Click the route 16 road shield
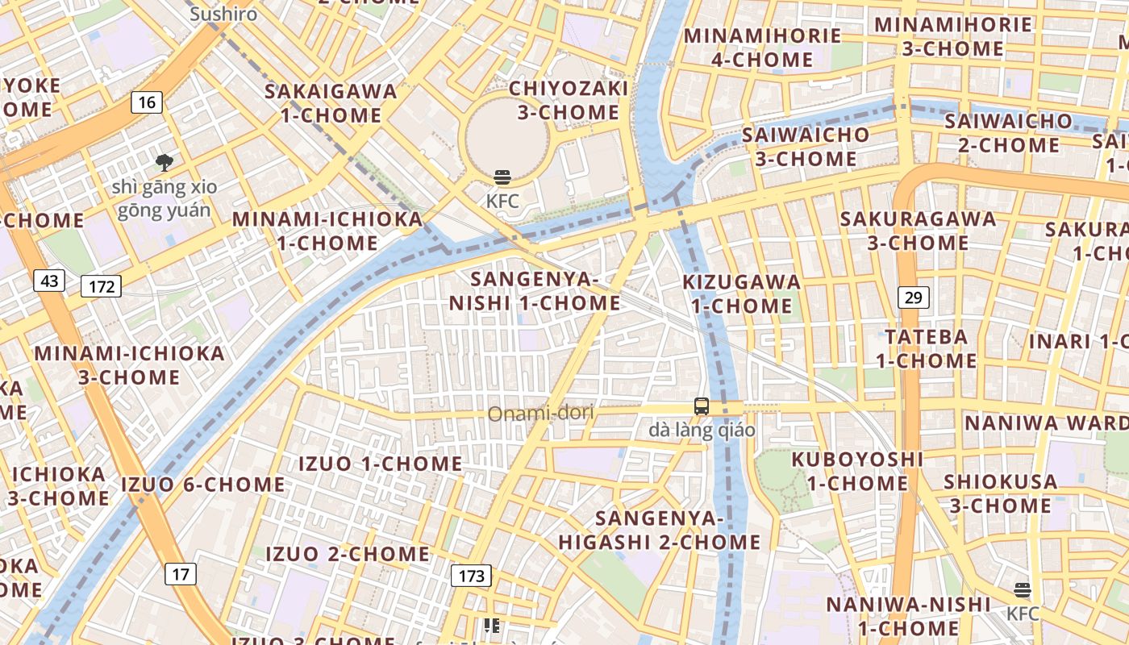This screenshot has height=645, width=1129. tap(146, 102)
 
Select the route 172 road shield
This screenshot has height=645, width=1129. tap(101, 286)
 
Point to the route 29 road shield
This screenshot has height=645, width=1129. tap(913, 298)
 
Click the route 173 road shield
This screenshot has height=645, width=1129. tap(471, 576)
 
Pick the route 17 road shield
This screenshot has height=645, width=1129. tap(181, 574)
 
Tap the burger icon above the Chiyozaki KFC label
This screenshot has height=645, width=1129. tap(502, 177)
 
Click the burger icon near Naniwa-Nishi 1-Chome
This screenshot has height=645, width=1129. tap(1023, 590)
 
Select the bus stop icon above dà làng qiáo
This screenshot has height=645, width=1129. tap(702, 406)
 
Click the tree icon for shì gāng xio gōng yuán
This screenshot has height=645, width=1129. tap(165, 163)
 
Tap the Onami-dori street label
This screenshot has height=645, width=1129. tap(540, 414)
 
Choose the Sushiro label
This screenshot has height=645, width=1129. tap(223, 14)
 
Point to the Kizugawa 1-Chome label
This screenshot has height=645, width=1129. tap(742, 293)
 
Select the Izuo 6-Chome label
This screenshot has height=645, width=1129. tap(202, 485)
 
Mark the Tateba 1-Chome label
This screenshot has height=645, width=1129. tap(926, 348)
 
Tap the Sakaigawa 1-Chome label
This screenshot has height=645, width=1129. tap(331, 103)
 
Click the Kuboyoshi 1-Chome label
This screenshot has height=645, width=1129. tap(857, 471)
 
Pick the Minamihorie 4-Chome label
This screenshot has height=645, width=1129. tap(762, 48)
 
